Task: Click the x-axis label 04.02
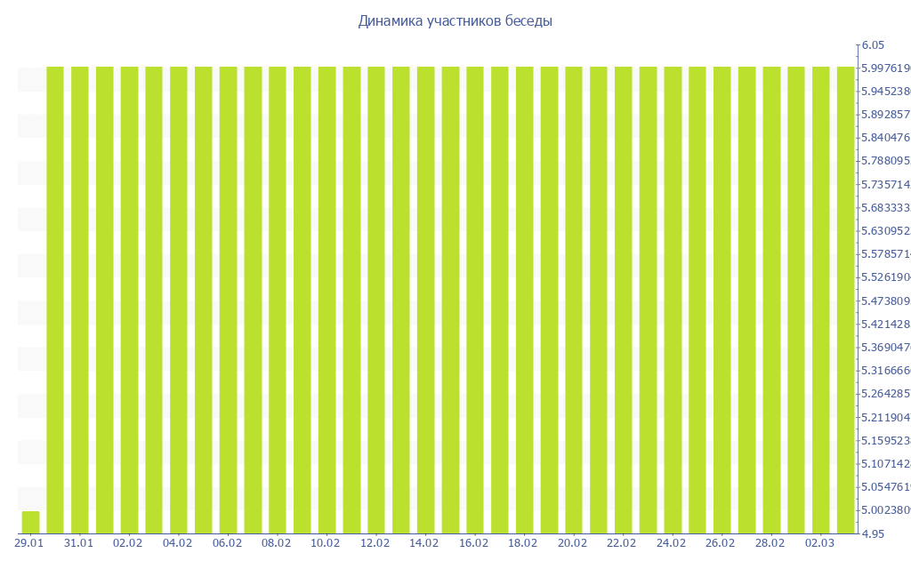point(178,542)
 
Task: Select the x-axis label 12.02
point(375,542)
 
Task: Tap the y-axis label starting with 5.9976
point(884,68)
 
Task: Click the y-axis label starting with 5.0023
point(884,510)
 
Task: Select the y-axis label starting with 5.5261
point(884,277)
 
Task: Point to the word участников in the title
point(464,21)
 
